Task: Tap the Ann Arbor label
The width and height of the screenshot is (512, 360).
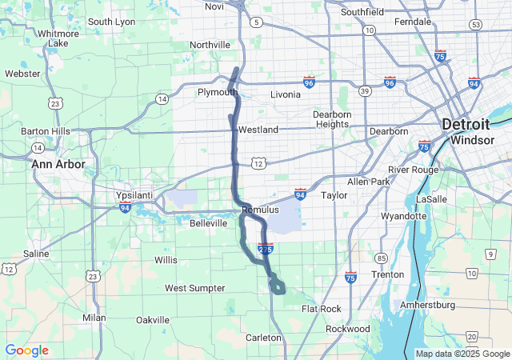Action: click(x=58, y=164)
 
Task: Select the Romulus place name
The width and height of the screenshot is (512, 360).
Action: click(x=260, y=210)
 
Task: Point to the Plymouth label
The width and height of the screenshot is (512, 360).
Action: click(x=218, y=92)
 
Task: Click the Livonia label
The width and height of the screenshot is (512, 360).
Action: click(x=286, y=94)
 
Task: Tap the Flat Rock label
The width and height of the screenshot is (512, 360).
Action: click(x=322, y=309)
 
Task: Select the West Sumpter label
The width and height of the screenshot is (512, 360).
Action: click(x=194, y=288)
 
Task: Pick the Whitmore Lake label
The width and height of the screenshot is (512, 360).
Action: click(x=58, y=38)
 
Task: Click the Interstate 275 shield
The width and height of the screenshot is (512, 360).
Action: click(x=266, y=249)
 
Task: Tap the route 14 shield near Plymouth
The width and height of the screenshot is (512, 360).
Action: click(x=162, y=98)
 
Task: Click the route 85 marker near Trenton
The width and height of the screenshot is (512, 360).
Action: click(x=382, y=258)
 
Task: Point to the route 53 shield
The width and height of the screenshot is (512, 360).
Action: click(x=475, y=25)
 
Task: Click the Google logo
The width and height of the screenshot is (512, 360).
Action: click(x=26, y=350)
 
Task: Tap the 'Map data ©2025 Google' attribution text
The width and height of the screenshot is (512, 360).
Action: click(x=462, y=354)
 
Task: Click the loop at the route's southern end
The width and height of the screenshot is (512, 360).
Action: click(x=277, y=284)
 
